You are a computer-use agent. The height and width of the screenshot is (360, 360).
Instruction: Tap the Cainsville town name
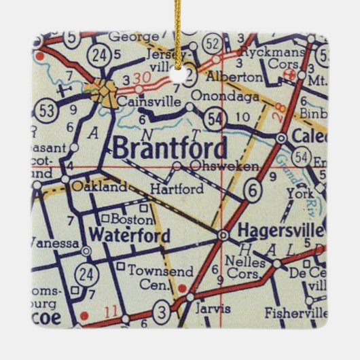(142, 102)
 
